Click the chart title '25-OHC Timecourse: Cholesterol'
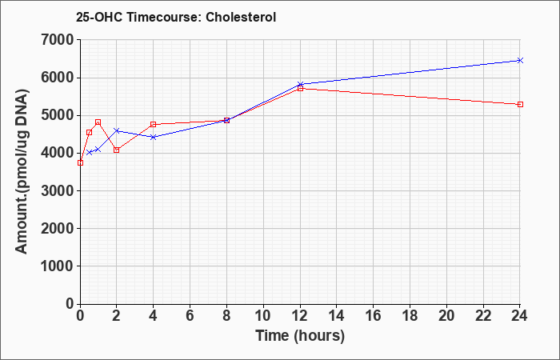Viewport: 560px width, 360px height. (x=176, y=17)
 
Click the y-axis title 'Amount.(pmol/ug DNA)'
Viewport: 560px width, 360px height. (x=22, y=171)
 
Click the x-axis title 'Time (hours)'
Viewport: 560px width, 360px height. (x=300, y=336)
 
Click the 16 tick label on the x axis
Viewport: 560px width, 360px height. (x=373, y=315)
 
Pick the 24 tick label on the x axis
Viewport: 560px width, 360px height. (x=519, y=315)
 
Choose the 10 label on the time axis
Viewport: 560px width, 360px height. (x=263, y=315)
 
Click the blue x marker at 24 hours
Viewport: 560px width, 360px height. (x=520, y=60)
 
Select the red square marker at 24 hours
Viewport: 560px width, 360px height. (x=520, y=104)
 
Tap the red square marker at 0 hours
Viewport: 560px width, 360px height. (x=80, y=163)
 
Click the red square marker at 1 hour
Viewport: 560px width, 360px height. (x=98, y=122)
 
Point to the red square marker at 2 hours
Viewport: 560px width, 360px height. (x=117, y=150)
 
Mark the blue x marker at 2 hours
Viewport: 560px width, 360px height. (x=117, y=130)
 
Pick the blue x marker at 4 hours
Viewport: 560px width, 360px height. (x=154, y=137)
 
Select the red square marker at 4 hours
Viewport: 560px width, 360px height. (x=154, y=124)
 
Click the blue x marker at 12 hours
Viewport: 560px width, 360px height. (x=300, y=84)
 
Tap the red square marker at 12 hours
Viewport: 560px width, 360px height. (x=300, y=88)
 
